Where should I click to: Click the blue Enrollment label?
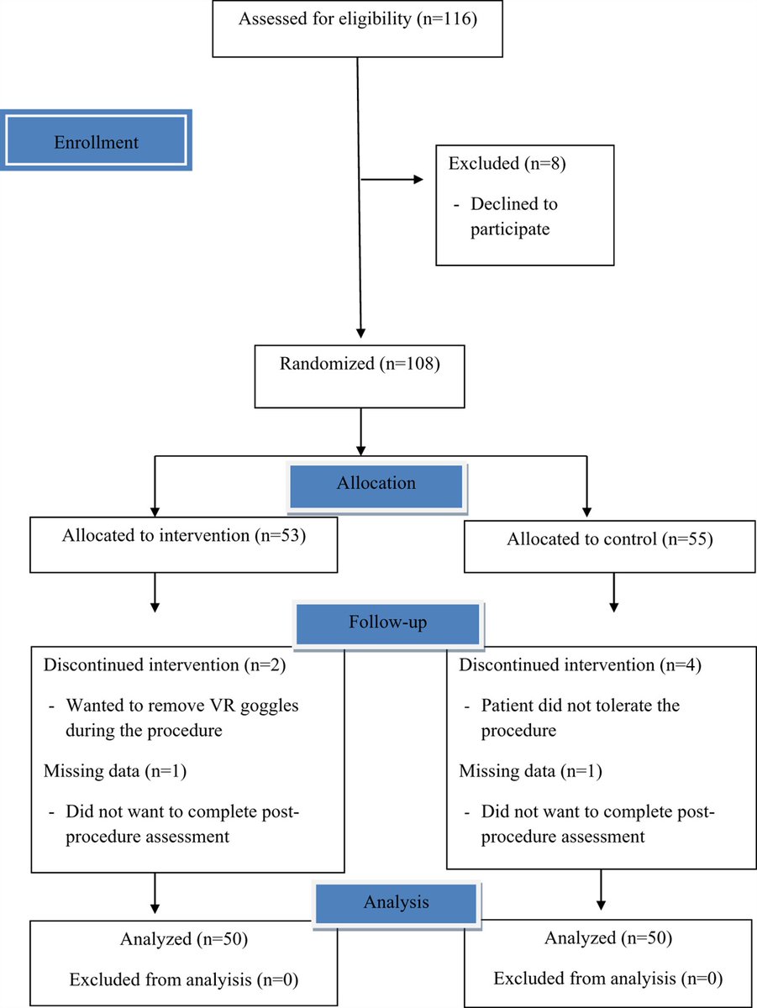(96, 141)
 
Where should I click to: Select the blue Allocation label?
(376, 484)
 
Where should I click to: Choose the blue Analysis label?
(396, 902)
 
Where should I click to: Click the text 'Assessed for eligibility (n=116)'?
(358, 18)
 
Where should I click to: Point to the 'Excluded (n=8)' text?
(507, 164)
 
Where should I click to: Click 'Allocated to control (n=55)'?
(609, 539)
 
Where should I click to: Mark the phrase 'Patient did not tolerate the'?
(580, 706)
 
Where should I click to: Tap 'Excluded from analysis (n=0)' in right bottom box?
(608, 979)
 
